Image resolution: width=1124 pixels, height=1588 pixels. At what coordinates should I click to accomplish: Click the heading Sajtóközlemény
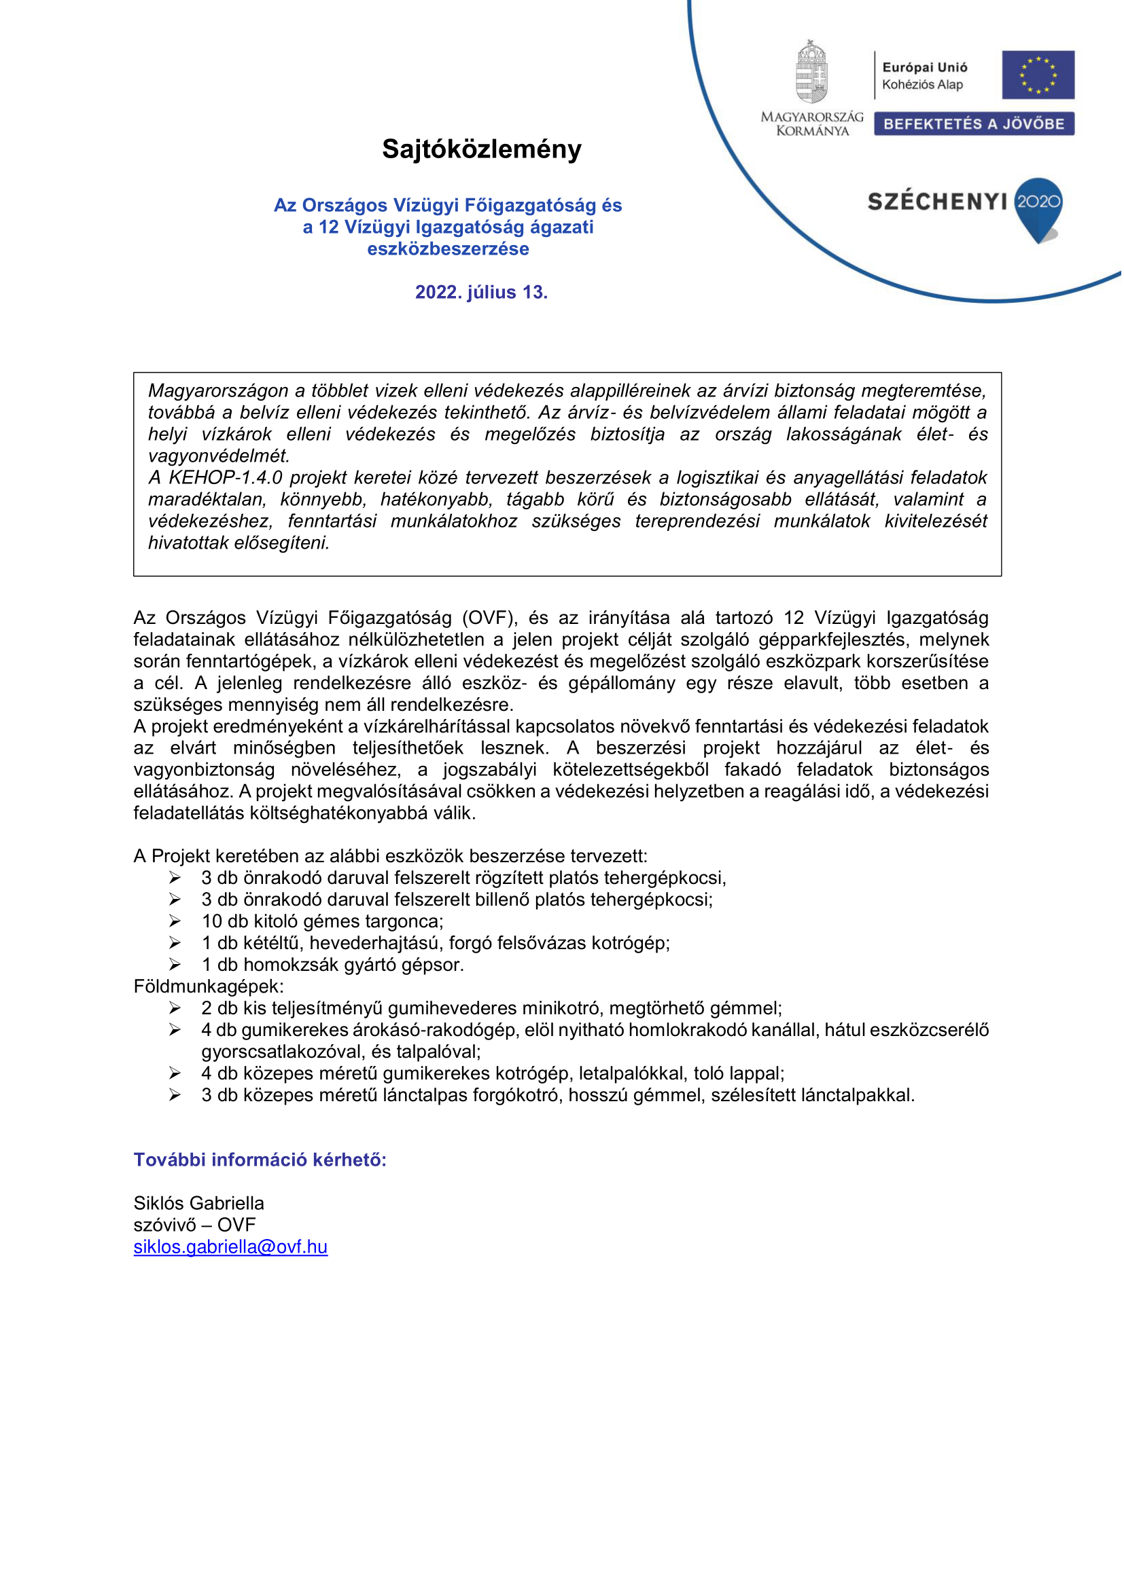pos(482,149)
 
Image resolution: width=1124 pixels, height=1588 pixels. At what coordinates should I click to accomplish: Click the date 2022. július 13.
pos(482,293)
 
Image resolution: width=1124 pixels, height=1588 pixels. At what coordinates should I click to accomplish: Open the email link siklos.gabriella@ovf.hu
pos(230,1247)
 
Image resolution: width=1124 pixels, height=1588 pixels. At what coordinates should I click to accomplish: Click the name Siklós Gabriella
pos(199,1204)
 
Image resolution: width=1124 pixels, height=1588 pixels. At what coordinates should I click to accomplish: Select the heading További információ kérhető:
pos(260,1160)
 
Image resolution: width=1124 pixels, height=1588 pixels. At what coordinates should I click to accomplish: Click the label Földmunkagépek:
pos(209,987)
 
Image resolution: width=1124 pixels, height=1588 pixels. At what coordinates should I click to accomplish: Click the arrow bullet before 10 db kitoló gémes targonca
pos(176,922)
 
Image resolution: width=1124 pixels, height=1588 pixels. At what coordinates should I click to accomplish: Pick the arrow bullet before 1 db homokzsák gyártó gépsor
pos(176,965)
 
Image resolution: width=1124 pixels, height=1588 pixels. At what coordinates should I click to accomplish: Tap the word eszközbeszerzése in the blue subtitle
pos(449,249)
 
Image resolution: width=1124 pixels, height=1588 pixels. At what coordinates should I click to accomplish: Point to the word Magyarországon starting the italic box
pos(218,392)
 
